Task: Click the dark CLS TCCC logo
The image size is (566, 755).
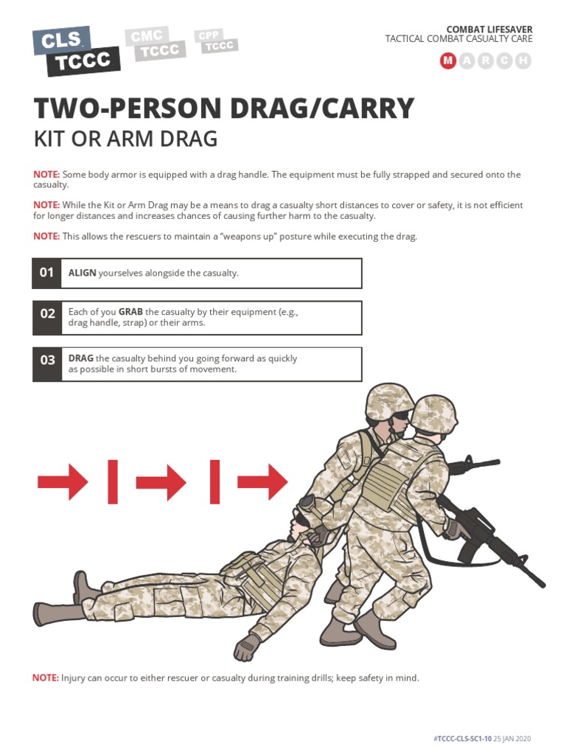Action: pos(76,51)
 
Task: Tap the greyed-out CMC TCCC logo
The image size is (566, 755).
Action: pos(156,44)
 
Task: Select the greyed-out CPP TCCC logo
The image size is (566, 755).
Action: pos(216,41)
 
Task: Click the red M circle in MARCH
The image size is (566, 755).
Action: pos(448,60)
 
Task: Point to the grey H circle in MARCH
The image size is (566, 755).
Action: pos(523,60)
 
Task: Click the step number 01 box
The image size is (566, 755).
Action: pos(46,273)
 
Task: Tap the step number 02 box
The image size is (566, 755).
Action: pos(46,318)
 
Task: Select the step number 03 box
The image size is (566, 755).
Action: pos(46,364)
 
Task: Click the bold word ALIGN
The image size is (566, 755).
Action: pos(83,273)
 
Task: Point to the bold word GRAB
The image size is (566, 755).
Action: pos(130,312)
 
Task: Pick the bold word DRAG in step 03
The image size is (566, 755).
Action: pos(81,359)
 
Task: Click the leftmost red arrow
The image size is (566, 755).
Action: pos(63,481)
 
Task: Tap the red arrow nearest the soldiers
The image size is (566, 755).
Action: pos(263,481)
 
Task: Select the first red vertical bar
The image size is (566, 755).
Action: pos(113,481)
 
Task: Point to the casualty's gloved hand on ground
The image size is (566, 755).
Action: pos(247,647)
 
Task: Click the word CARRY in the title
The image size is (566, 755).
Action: pos(368,108)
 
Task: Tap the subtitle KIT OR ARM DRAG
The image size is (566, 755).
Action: pos(125,139)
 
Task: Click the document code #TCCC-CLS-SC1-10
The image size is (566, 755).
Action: pos(462,739)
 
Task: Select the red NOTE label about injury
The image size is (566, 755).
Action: pos(46,678)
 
